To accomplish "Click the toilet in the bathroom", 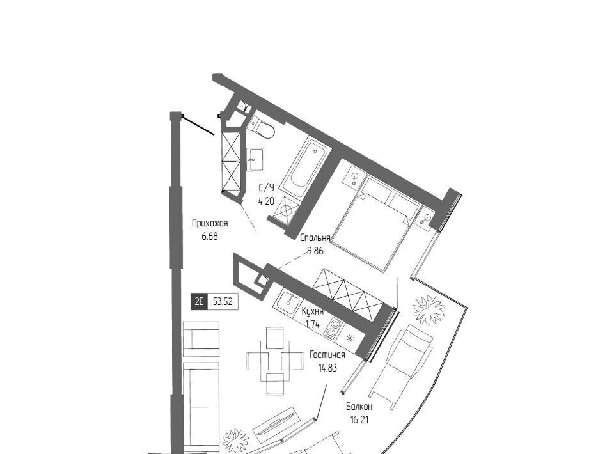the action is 262,127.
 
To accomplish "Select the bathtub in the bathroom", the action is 306,167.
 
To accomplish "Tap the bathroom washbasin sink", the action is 255,159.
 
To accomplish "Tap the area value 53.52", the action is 223,302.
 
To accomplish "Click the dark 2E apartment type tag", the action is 199,302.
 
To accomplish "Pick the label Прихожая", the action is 210,223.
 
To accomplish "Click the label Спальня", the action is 315,238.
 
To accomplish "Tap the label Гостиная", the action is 327,355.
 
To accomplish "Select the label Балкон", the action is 359,407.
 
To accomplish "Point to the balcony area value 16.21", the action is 359,420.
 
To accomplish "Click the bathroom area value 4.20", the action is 266,201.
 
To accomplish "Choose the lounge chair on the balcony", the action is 402,366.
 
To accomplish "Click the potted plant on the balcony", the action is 429,309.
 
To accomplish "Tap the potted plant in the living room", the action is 236,441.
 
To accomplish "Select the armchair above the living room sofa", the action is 201,339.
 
